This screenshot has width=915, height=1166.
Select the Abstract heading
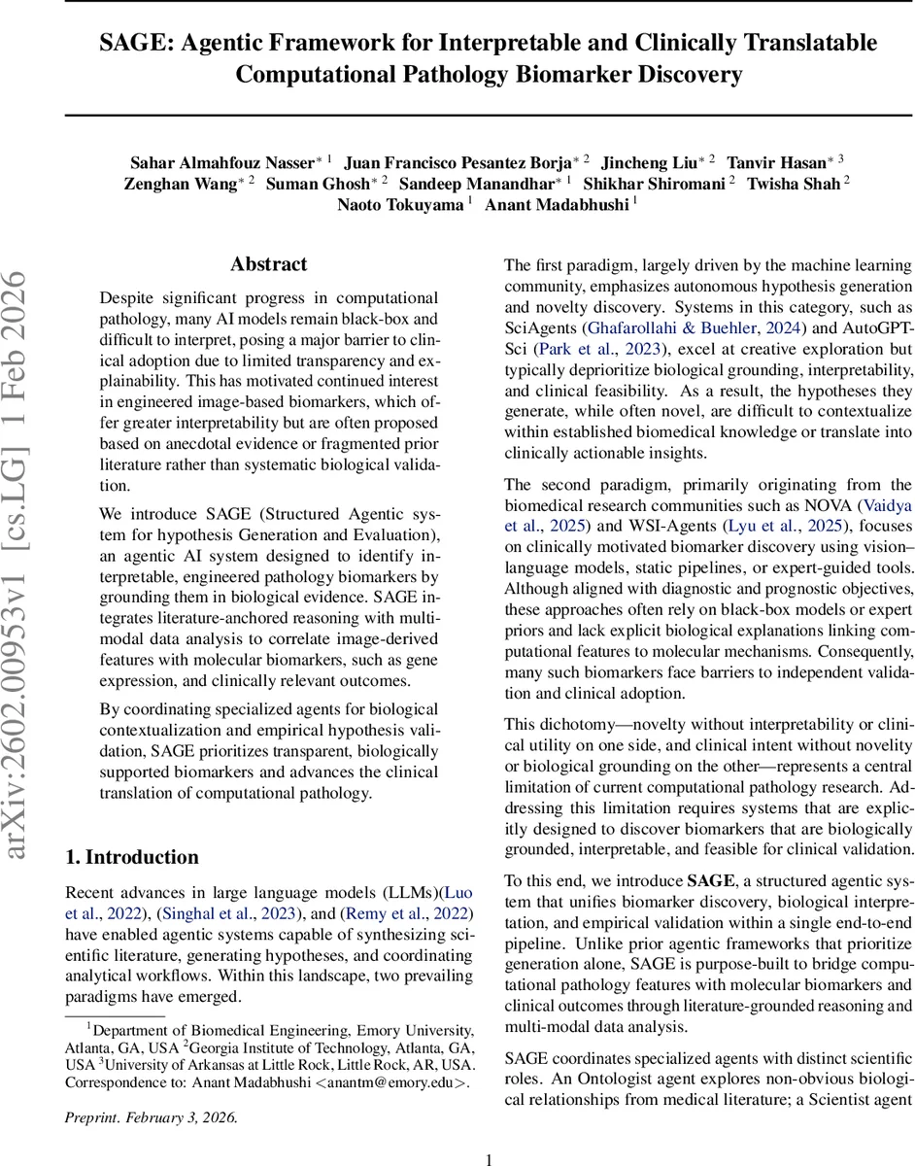pyautogui.click(x=268, y=264)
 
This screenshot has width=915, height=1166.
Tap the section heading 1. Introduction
pyautogui.click(x=131, y=857)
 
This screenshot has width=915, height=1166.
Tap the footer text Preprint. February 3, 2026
pyautogui.click(x=151, y=1090)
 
